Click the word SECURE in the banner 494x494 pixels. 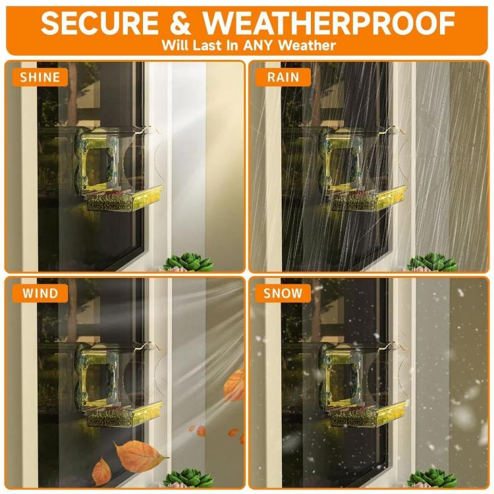click(99, 23)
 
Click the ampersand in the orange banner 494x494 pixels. click(180, 23)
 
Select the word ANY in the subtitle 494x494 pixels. click(258, 45)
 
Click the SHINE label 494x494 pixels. click(40, 77)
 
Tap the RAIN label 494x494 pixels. click(283, 77)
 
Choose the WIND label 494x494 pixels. click(40, 293)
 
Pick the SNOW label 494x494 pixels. click(283, 293)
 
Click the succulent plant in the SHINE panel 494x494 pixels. click(188, 262)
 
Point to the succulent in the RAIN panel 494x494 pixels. click(431, 262)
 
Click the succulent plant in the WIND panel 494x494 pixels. click(188, 479)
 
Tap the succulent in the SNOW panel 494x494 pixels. click(431, 479)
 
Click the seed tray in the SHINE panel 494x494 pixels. click(124, 199)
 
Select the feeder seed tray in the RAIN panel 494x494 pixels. click(368, 199)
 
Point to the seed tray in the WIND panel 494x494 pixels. click(124, 415)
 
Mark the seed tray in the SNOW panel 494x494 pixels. click(368, 415)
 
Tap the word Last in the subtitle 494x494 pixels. click(206, 45)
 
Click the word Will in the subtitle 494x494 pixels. click(175, 45)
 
